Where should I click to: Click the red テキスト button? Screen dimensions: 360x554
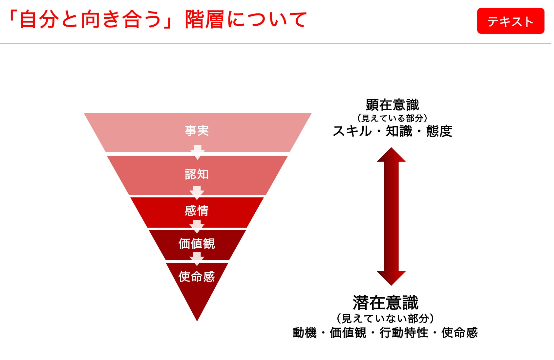(x=510, y=21)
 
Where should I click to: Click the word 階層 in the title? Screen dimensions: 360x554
(x=205, y=19)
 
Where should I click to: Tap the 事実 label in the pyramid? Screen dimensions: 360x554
(x=197, y=130)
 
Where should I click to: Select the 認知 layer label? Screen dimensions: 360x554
(x=197, y=174)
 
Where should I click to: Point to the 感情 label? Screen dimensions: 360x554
(x=197, y=211)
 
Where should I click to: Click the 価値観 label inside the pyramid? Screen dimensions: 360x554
(x=197, y=244)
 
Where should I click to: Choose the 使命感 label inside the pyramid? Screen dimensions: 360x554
(x=197, y=277)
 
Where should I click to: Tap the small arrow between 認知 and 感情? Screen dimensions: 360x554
(x=197, y=193)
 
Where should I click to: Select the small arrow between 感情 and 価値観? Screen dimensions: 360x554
(x=197, y=227)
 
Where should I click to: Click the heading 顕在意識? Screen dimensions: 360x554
(x=392, y=105)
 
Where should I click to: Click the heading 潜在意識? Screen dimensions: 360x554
(x=386, y=303)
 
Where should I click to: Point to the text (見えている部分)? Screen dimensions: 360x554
(x=392, y=118)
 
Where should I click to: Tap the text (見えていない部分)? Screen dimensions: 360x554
(x=386, y=318)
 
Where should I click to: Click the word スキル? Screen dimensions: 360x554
(x=352, y=131)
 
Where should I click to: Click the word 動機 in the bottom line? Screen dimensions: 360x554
(x=305, y=333)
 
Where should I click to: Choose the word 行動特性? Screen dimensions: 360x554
(x=404, y=333)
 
